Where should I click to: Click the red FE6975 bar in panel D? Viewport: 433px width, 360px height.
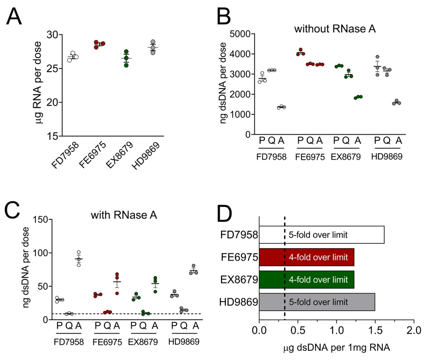pyautogui.click(x=306, y=257)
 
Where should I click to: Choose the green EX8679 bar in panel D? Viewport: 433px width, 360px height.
pyautogui.click(x=306, y=280)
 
